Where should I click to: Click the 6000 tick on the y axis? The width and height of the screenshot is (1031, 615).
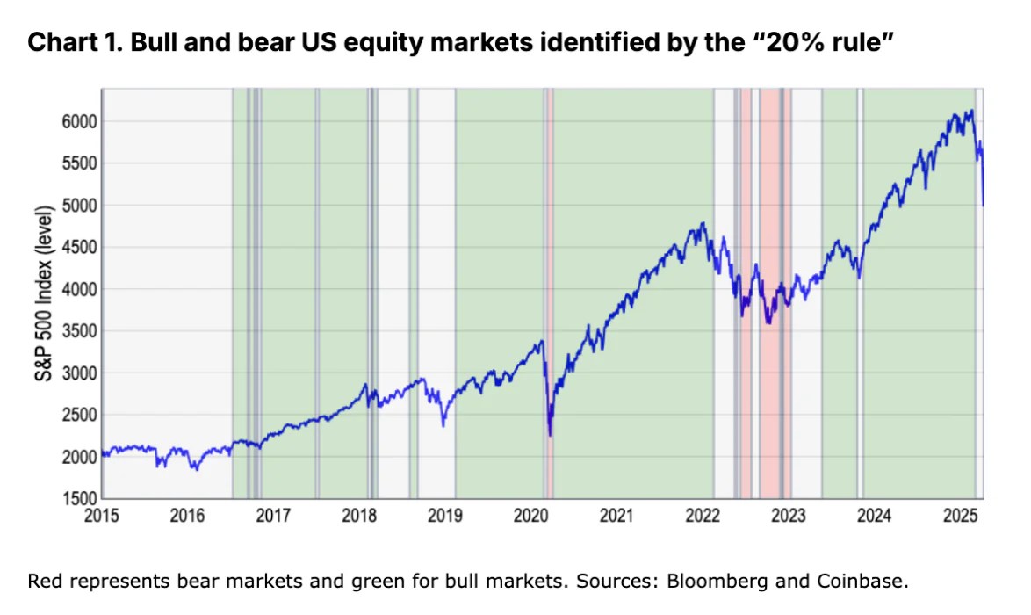(76, 121)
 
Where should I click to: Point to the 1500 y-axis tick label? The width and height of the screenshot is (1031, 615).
(76, 499)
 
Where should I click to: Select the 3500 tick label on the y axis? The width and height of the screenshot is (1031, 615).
(76, 331)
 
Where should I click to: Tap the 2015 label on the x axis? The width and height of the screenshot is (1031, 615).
(101, 517)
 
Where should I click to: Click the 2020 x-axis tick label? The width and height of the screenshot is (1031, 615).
(531, 517)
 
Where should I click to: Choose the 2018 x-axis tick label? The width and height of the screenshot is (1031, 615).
(359, 517)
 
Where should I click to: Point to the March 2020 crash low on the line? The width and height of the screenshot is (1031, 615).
(550, 435)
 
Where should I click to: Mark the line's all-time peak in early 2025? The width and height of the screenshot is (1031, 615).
(970, 111)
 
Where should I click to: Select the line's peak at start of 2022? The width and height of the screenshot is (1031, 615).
(703, 223)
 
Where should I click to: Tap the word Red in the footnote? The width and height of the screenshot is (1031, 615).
(43, 582)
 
